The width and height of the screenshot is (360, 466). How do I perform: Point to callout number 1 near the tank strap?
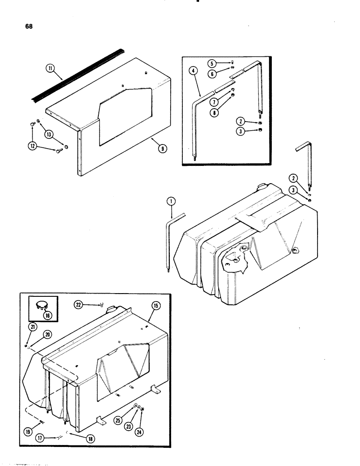pos(171,201)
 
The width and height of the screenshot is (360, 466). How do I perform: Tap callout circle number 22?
pos(80,304)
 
